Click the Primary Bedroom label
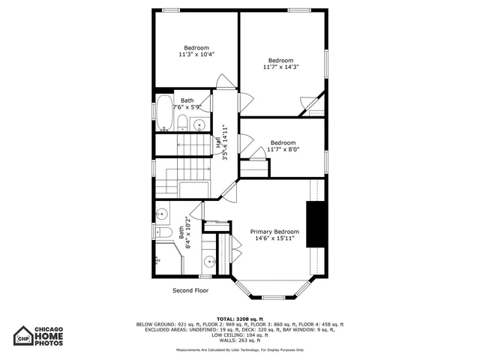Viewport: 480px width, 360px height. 274,232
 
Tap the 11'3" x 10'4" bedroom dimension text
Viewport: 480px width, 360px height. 196,54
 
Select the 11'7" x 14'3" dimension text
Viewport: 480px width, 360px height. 281,67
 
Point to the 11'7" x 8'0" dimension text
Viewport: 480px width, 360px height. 283,149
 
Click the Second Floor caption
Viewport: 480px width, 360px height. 190,290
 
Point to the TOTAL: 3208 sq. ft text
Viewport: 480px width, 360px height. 240,319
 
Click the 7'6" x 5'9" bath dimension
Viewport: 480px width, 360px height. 187,107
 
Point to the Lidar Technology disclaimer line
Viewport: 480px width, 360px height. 240,349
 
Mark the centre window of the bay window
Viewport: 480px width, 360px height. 271,298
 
